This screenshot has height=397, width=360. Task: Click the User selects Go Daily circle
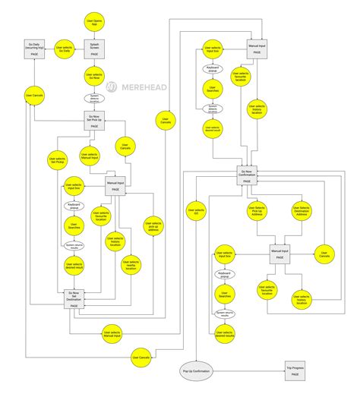pyautogui.click(x=66, y=49)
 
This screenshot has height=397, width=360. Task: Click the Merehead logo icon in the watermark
pyautogui.click(x=112, y=87)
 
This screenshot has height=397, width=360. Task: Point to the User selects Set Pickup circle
pyautogui.click(x=58, y=160)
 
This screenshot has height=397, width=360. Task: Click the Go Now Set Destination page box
pyautogui.click(x=74, y=297)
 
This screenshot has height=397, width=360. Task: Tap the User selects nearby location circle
pyautogui.click(x=130, y=265)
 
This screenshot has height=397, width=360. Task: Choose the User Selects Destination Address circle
pyautogui.click(x=302, y=213)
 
